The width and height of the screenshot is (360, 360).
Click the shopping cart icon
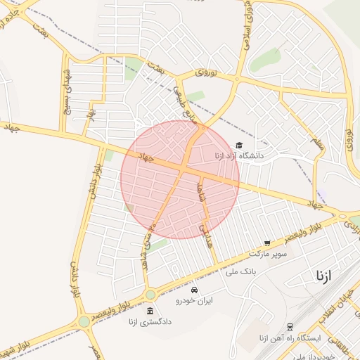(266, 243)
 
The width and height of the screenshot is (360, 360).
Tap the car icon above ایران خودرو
(194, 290)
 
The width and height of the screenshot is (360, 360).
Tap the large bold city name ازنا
(324, 274)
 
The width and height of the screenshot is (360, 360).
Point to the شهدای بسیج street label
(67, 91)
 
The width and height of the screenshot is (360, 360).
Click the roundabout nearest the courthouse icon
(150, 295)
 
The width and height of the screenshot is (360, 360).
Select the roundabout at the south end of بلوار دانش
(84, 321)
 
